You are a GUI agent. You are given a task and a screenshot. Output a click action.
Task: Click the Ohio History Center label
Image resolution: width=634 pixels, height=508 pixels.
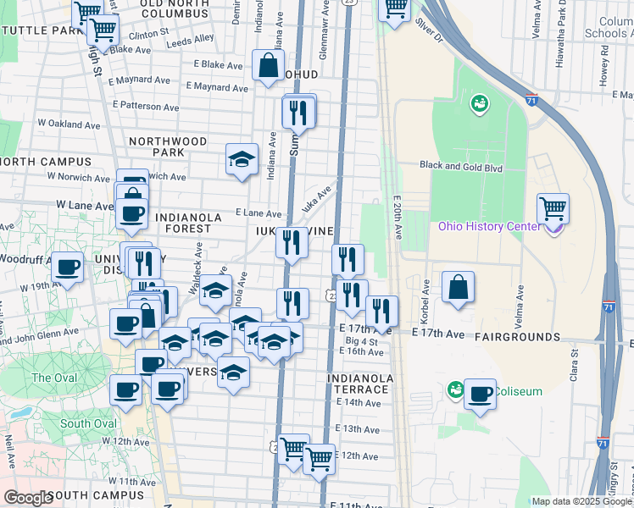click(488, 226)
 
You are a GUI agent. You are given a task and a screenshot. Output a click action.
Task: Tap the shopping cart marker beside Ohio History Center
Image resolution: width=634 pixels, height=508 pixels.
click(553, 207)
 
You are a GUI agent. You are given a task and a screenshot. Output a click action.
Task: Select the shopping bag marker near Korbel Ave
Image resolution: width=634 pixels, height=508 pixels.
click(458, 286)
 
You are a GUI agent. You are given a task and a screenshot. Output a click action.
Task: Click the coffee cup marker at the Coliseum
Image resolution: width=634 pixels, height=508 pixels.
click(480, 394)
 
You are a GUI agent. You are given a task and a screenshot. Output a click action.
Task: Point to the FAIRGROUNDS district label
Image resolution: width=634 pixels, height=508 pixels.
click(517, 337)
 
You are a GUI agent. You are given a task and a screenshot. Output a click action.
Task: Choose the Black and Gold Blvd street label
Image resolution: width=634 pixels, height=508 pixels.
click(462, 168)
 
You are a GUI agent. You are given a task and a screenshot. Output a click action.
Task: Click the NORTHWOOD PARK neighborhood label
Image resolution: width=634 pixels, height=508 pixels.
click(168, 146)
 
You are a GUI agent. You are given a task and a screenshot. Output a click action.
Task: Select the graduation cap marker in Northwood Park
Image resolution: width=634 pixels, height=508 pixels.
click(242, 158)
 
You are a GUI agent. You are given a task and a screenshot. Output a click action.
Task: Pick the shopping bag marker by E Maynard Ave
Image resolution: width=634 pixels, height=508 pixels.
click(268, 66)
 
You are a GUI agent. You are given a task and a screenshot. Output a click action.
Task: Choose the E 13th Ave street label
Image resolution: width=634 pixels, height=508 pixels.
click(357, 429)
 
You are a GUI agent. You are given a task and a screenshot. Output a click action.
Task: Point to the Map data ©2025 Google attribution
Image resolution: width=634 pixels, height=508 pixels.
click(581, 501)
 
